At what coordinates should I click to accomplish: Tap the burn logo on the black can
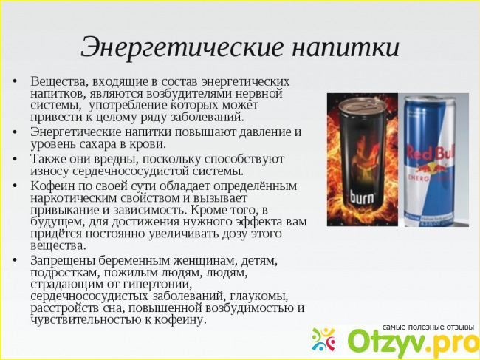[x=362, y=197]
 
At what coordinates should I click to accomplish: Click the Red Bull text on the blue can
[x=431, y=153]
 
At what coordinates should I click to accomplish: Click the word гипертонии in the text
[x=157, y=285]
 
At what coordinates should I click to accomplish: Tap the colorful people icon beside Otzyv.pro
[x=323, y=339]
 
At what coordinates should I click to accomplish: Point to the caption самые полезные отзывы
[x=428, y=327]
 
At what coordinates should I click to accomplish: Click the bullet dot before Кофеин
[x=14, y=186]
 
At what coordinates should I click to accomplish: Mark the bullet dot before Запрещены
[x=14, y=261]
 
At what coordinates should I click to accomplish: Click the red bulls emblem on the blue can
[x=431, y=168]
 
